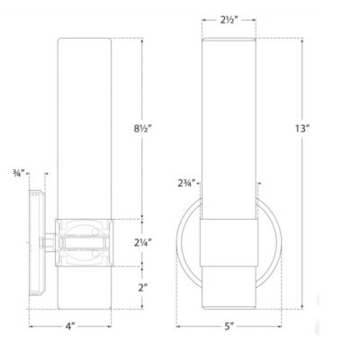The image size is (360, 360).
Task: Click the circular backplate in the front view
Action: coord(183,243)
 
